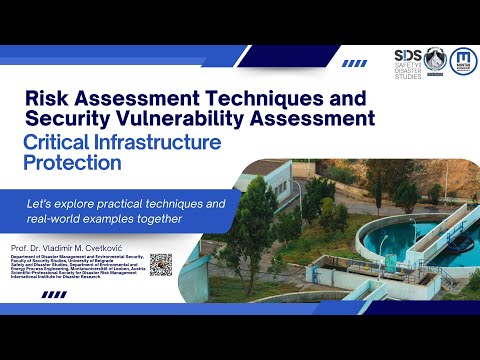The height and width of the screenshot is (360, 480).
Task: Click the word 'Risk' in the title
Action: tap(48, 99)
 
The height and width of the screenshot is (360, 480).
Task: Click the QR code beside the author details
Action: tap(161, 264)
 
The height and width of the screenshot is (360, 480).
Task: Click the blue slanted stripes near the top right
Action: tap(354, 63)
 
